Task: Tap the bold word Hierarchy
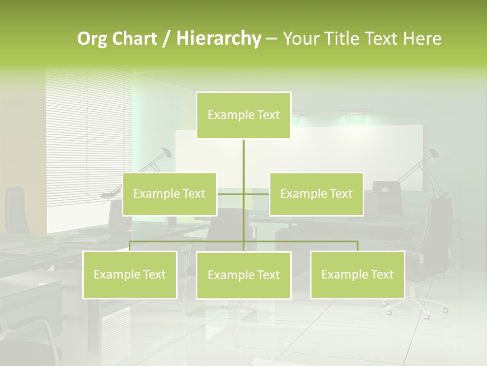tap(218, 39)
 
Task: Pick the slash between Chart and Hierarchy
tap(166, 39)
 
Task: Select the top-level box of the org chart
tap(243, 115)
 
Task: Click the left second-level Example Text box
tap(169, 194)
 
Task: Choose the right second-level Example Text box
tap(316, 194)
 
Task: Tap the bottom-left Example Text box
tap(129, 274)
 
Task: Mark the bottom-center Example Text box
tap(243, 275)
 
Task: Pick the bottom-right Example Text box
tap(357, 274)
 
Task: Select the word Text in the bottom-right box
tap(381, 274)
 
